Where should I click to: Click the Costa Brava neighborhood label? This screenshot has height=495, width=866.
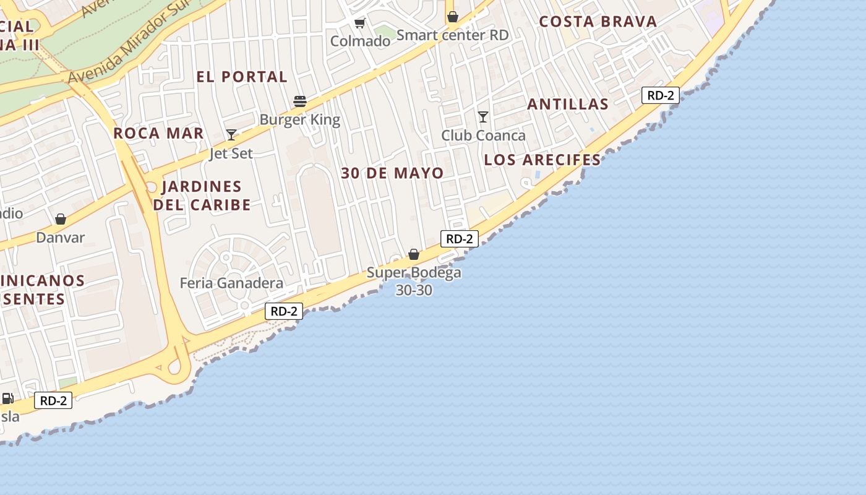coord(598,22)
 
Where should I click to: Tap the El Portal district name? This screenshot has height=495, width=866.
coord(242,77)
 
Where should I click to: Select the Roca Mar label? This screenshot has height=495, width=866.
coord(158,133)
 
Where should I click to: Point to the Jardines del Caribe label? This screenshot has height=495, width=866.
coord(202,195)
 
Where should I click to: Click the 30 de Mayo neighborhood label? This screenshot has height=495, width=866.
coord(392,173)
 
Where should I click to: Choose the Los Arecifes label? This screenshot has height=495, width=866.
coord(542,160)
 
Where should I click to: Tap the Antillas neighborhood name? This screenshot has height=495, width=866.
coord(568,104)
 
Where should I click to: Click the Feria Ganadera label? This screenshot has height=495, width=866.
coord(231,283)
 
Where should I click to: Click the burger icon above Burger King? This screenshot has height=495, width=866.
coord(300,101)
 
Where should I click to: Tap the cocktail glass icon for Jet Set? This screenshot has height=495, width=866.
coord(231,135)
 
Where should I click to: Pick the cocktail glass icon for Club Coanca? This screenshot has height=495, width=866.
coord(483,116)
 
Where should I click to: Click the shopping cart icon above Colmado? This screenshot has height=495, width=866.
coord(359,24)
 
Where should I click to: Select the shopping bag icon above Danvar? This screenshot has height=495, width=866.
coord(61,219)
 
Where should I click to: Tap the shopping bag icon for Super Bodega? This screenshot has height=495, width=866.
coord(414,254)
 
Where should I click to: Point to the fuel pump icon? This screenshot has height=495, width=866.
coord(7,398)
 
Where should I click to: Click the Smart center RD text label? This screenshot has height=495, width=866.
coord(452,35)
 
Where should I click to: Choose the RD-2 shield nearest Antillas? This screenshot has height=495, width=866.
coord(661,95)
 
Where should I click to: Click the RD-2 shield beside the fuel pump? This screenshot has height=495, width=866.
coord(53,400)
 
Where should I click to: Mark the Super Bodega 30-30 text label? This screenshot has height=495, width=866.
coord(414,281)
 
